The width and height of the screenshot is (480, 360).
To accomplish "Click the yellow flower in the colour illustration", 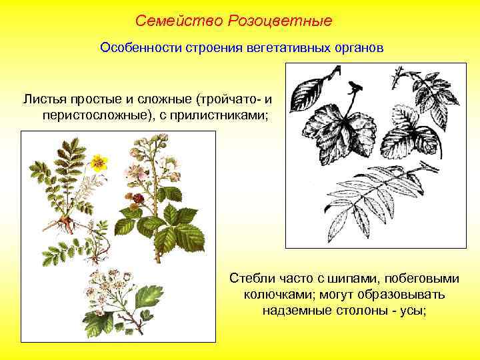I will click(x=99, y=161).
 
